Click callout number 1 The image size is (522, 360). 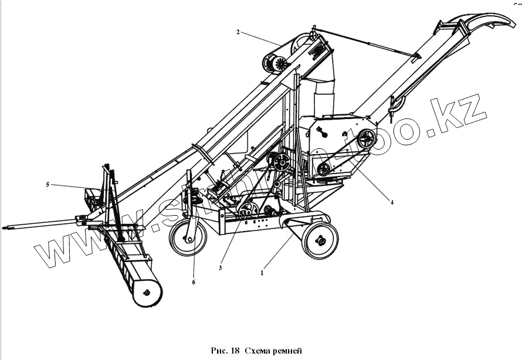[x=262, y=272]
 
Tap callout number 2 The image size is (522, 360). [x=238, y=32]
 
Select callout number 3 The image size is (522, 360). [x=220, y=268]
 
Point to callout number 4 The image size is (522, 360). [x=391, y=203]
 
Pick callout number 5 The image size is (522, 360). [x=48, y=185]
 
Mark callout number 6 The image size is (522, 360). [x=194, y=282]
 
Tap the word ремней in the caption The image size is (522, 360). [x=288, y=351]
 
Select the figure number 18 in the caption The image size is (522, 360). [x=235, y=351]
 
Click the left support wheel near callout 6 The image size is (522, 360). [x=188, y=239]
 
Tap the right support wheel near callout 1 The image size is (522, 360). [x=320, y=240]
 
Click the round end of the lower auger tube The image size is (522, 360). [x=147, y=291]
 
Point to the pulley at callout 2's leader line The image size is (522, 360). [x=276, y=63]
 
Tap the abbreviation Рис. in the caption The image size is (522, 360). [x=219, y=351]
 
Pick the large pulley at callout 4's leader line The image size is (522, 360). [x=367, y=139]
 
